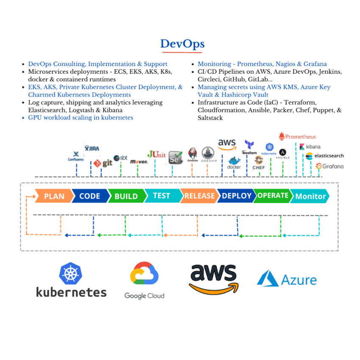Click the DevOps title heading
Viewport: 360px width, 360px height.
tap(182, 44)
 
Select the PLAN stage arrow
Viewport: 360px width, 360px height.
tap(54, 196)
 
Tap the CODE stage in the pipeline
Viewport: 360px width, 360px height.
tap(90, 196)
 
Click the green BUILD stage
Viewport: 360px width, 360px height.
tap(126, 196)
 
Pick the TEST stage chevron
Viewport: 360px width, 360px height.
tap(161, 196)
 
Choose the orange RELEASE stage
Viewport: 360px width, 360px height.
tap(199, 196)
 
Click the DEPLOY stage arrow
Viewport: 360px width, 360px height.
tap(236, 196)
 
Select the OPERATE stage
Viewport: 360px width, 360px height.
tap(273, 196)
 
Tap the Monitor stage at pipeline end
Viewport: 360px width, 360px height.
tap(310, 196)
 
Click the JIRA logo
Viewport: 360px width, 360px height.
tap(92, 148)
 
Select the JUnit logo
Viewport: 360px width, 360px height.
tap(156, 155)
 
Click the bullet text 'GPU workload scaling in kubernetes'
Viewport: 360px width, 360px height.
tap(80, 117)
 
